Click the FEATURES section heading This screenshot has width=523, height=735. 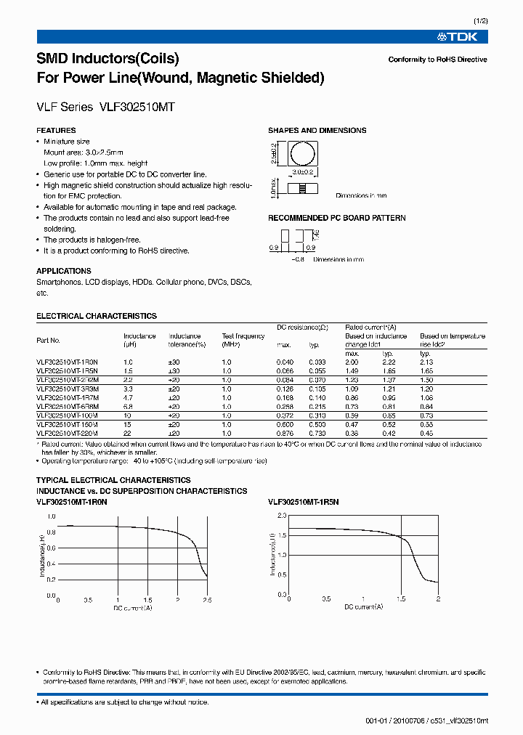click(x=56, y=131)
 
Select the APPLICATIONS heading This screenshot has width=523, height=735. click(x=64, y=271)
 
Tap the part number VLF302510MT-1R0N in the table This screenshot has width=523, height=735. click(x=66, y=362)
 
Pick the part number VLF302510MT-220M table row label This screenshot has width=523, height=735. click(x=66, y=433)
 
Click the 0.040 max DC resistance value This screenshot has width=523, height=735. click(x=285, y=362)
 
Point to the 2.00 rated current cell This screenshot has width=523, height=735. click(x=352, y=362)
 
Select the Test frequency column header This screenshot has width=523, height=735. click(x=243, y=336)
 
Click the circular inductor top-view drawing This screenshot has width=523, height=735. click(x=303, y=155)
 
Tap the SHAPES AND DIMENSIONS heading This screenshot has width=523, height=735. click(x=317, y=131)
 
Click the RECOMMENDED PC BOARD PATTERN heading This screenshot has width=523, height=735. click(x=336, y=218)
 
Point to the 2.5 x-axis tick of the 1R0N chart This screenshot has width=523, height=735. click(x=207, y=601)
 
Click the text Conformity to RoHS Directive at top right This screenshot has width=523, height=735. click(x=437, y=60)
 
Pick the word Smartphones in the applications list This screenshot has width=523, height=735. click(x=56, y=282)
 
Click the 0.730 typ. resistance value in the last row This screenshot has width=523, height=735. click(x=317, y=433)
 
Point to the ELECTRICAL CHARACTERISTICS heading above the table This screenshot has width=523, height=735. click(x=97, y=317)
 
